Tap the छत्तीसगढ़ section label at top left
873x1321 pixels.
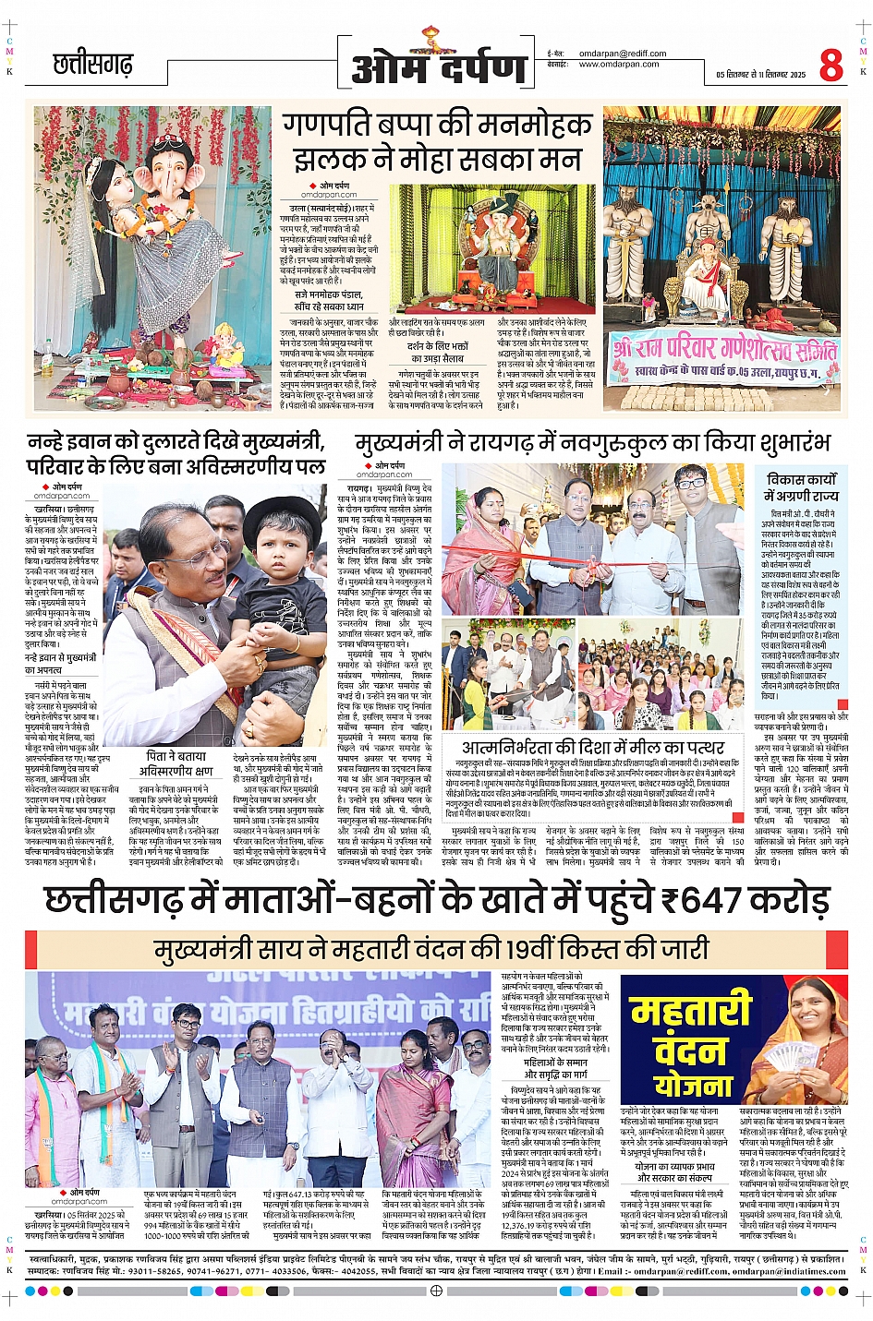pos(93,65)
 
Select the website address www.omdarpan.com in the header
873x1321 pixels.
pos(619,65)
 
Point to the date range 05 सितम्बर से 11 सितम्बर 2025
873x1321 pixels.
pos(760,74)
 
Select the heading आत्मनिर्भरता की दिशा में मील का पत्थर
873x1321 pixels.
pos(593,747)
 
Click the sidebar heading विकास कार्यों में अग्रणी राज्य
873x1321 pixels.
pos(801,487)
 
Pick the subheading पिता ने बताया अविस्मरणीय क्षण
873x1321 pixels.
pos(176,763)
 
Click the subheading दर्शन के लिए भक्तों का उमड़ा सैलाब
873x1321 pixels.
pos(438,352)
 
